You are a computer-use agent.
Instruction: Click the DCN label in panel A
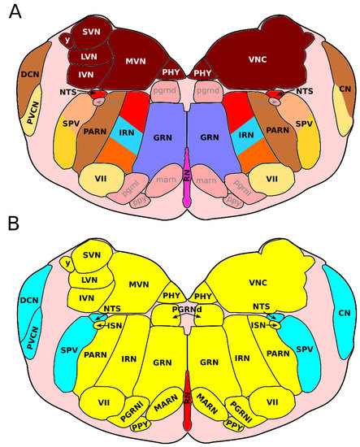[x=29, y=76]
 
